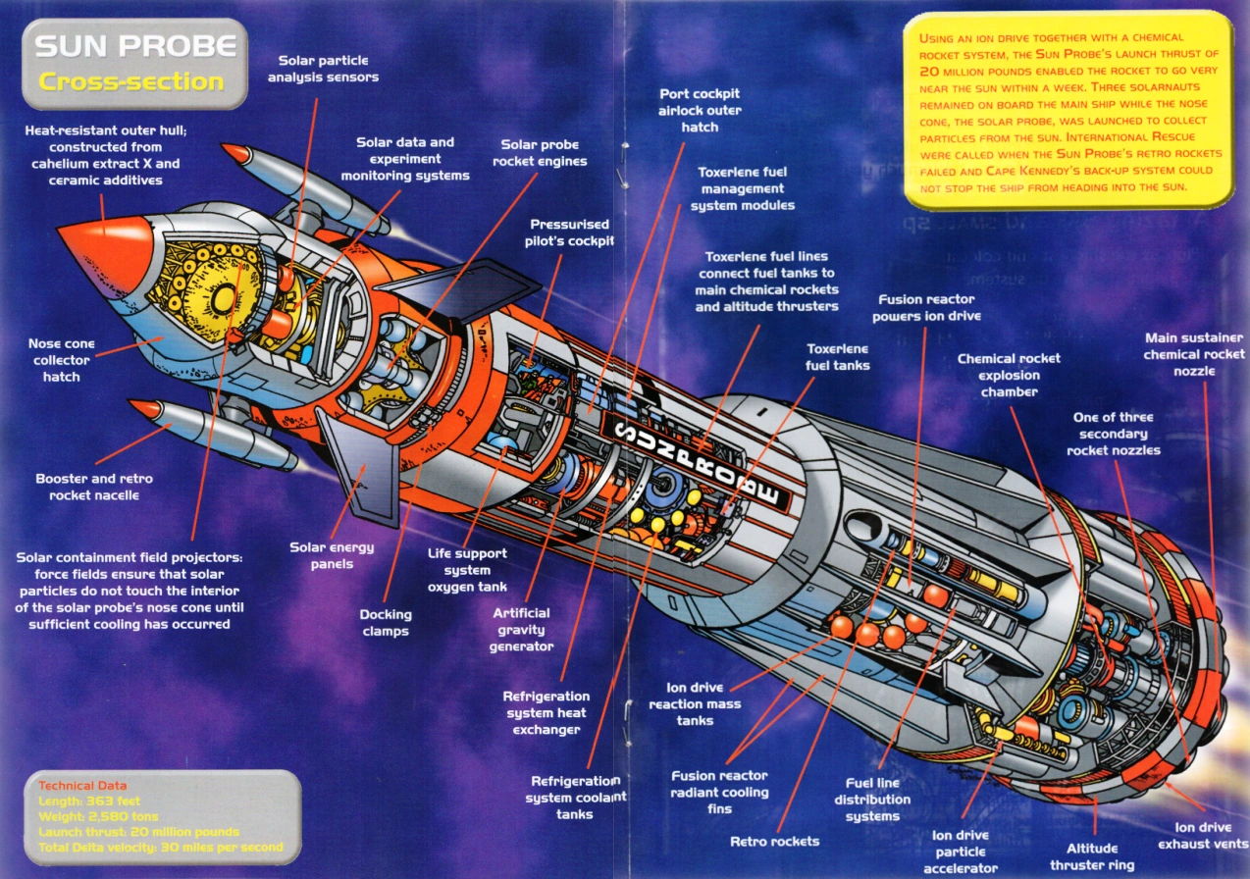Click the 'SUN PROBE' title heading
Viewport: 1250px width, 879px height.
click(x=135, y=46)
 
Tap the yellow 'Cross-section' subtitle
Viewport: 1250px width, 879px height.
click(x=131, y=81)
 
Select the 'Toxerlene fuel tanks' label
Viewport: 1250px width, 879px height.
click(x=837, y=357)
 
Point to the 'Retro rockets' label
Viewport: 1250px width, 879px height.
click(x=774, y=841)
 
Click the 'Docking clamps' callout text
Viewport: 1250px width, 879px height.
click(x=386, y=623)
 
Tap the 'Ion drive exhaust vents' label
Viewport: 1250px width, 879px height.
click(x=1203, y=836)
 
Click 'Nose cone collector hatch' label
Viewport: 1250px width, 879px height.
click(x=61, y=360)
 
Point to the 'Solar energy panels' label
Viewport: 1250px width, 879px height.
click(x=332, y=555)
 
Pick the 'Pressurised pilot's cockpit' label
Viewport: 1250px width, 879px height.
click(x=570, y=233)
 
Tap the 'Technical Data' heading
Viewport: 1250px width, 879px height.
click(x=81, y=786)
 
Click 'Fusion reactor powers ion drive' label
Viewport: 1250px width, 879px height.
click(x=926, y=308)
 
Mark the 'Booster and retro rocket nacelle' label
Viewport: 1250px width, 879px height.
click(x=94, y=487)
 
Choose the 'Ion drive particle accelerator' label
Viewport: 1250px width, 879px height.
click(x=960, y=852)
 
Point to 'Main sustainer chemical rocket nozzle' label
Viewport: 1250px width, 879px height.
click(x=1193, y=354)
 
